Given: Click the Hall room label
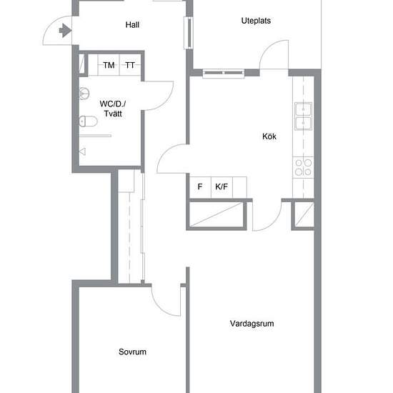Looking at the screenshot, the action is pyautogui.click(x=132, y=24).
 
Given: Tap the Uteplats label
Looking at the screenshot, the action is pyautogui.click(x=256, y=21).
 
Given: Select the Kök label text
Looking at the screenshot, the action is pyautogui.click(x=269, y=136).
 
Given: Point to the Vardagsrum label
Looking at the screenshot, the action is pyautogui.click(x=252, y=323).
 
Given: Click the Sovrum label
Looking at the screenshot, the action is pyautogui.click(x=132, y=352).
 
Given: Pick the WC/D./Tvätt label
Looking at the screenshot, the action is pyautogui.click(x=113, y=109).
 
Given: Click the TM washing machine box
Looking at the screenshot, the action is pyautogui.click(x=109, y=65).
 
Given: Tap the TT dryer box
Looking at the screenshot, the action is pyautogui.click(x=130, y=65).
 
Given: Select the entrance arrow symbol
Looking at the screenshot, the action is pyautogui.click(x=66, y=31).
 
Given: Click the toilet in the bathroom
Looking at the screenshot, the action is pyautogui.click(x=88, y=121).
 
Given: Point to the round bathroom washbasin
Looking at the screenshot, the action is pyautogui.click(x=84, y=93).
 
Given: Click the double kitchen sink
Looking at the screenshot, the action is pyautogui.click(x=303, y=116).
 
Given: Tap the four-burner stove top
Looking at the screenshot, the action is pyautogui.click(x=303, y=167).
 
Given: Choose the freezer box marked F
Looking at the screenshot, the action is pyautogui.click(x=200, y=187).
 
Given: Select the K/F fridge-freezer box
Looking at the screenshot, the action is pyautogui.click(x=222, y=187).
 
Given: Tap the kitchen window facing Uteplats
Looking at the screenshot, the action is pyautogui.click(x=224, y=73).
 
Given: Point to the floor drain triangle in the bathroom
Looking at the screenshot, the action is pyautogui.click(x=82, y=151).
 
